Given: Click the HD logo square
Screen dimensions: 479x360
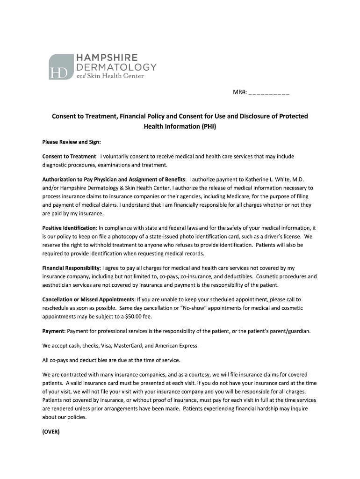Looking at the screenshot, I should point(61,66).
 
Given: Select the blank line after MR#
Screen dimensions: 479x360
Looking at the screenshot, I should point(269,92).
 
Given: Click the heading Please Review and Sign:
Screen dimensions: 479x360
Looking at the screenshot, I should point(72,142).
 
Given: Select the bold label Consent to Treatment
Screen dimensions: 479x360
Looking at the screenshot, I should point(69,156).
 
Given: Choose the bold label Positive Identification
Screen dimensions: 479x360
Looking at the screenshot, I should point(69,228).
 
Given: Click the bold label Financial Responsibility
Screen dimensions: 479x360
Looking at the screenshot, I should point(71,268).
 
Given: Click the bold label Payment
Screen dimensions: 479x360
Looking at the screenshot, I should point(53,331).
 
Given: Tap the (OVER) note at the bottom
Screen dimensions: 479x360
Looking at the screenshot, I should point(51,432).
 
